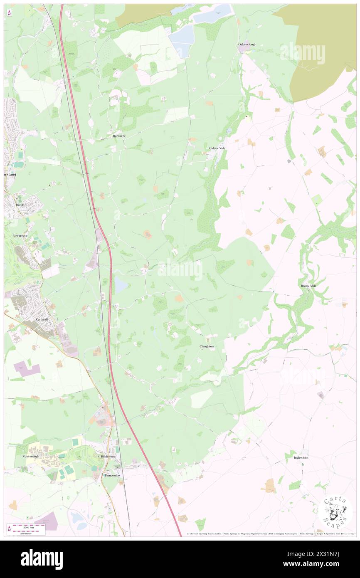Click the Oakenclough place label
tap(247, 44)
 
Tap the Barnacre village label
tap(119, 136)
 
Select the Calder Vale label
tap(217, 148)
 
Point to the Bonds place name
tap(21, 205)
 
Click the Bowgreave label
tap(20, 235)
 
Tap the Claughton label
tap(207, 346)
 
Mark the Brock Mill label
tap(308, 286)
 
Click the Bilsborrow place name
tap(108, 457)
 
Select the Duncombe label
tap(112, 475)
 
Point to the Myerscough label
tap(30, 456)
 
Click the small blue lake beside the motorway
tap(121, 284)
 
